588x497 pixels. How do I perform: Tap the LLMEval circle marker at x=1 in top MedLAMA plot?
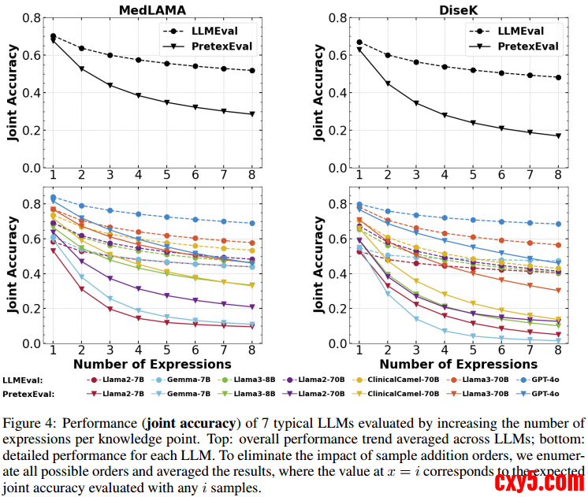(53, 36)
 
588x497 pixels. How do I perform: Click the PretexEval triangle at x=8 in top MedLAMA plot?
(252, 114)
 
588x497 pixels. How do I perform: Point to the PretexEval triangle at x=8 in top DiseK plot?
(557, 135)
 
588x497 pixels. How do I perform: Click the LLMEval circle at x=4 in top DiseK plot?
(444, 67)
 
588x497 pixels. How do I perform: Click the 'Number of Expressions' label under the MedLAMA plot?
(152, 364)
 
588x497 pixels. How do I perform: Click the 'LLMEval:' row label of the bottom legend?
(24, 379)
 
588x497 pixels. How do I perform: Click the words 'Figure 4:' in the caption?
(28, 422)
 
